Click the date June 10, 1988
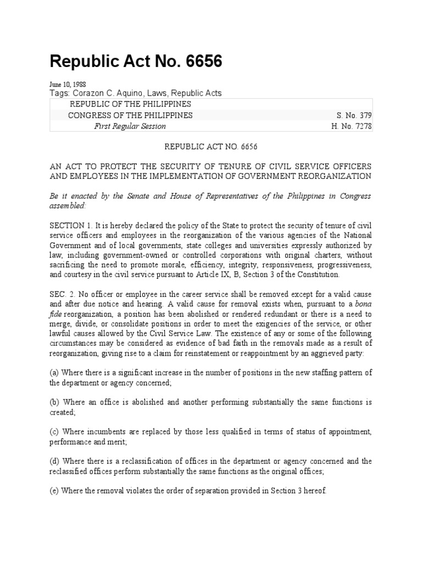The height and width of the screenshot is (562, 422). point(64,85)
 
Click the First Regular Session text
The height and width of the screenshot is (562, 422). point(130,126)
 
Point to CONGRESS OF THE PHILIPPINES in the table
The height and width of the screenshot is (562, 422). point(130,115)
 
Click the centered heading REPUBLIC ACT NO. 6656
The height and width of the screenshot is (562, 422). point(211,147)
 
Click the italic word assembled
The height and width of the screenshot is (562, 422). point(68,206)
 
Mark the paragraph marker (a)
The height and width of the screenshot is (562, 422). point(55,373)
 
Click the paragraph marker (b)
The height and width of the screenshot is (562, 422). point(55,402)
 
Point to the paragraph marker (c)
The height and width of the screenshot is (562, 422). point(55,432)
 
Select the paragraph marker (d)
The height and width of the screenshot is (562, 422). point(55,462)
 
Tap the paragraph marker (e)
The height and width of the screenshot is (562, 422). point(55,491)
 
